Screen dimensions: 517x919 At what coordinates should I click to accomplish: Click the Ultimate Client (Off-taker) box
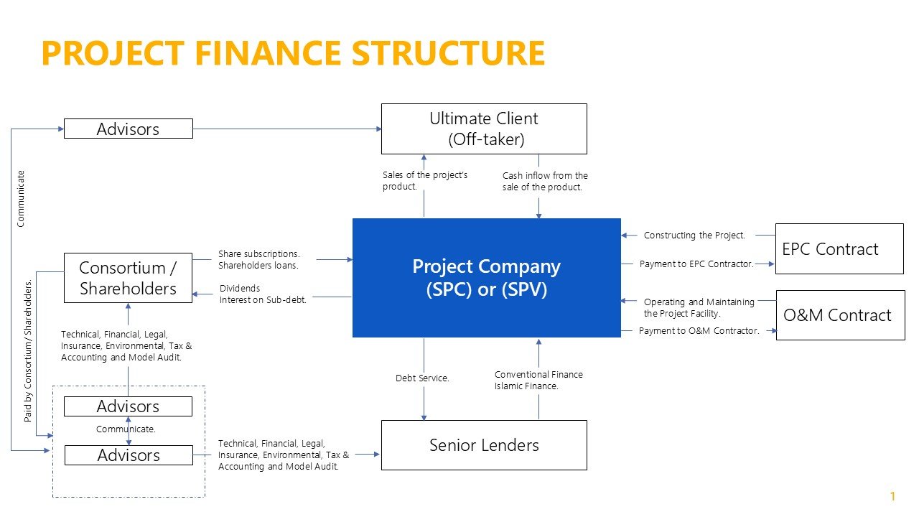483,129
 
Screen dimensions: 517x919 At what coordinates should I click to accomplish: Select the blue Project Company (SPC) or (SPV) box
486,278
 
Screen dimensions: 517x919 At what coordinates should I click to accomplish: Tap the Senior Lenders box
483,445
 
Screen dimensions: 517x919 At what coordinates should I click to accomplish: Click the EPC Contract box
839,248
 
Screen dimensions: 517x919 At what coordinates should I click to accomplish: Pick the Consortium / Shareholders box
128,278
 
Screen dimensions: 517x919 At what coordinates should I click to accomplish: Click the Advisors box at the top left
128,129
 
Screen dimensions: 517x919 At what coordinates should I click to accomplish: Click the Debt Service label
422,378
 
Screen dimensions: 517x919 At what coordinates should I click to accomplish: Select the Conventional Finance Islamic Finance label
538,380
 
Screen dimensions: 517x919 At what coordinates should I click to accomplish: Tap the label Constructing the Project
694,236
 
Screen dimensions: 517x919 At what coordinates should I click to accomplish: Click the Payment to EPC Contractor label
696,264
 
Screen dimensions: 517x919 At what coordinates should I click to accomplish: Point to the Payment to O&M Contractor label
699,331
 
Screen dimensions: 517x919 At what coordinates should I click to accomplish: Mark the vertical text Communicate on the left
21,198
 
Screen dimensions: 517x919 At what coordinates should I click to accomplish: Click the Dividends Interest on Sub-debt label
263,294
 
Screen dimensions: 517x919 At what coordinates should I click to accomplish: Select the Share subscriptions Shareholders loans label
258,259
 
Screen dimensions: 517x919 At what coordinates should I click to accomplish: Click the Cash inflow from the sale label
545,182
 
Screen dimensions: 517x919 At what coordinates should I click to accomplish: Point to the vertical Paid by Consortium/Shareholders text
29,350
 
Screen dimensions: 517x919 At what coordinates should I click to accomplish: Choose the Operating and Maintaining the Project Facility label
699,308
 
